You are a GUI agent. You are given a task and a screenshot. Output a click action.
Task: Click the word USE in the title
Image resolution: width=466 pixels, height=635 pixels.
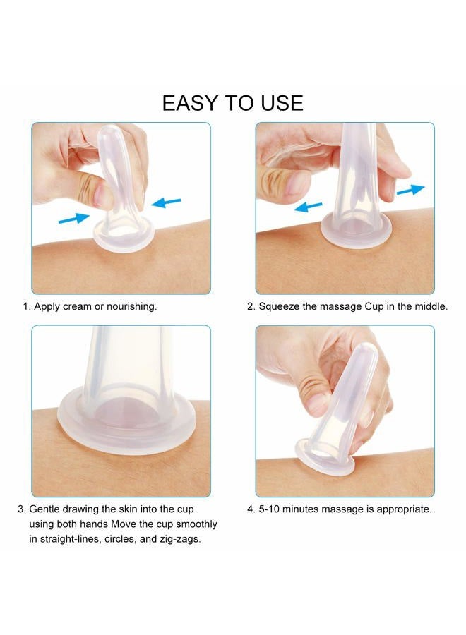pyautogui.click(x=278, y=103)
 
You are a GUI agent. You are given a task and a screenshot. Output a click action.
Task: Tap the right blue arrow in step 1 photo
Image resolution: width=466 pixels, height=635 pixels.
pyautogui.click(x=168, y=202)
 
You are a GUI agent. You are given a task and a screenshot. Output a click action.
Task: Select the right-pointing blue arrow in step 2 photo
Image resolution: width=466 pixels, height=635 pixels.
pyautogui.click(x=411, y=189)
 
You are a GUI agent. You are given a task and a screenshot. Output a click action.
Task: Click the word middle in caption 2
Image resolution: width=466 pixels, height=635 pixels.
pyautogui.click(x=431, y=307)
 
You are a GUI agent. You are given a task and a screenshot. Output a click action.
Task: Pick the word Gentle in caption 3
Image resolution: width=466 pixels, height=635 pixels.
pyautogui.click(x=47, y=509)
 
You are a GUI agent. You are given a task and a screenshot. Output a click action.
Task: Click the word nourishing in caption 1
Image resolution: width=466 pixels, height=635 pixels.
pyautogui.click(x=133, y=307)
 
